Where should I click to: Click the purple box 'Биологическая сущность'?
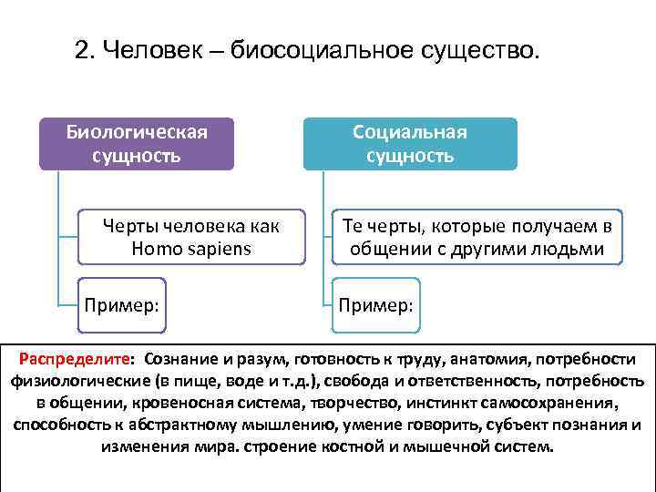click(137, 144)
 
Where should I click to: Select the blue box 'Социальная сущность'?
click(410, 144)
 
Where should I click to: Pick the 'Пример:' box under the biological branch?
click(124, 302)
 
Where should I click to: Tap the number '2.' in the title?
click(87, 53)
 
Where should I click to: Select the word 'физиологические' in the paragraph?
click(69, 381)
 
